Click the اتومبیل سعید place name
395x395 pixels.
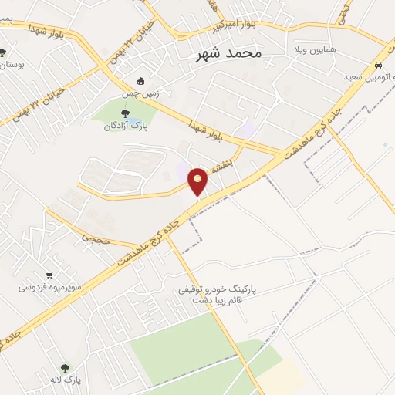point(366,77)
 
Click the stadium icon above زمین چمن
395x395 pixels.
point(140,80)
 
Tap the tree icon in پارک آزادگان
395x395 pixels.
point(126,114)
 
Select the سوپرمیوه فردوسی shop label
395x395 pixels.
point(48,287)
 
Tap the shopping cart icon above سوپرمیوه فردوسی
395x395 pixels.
point(49,275)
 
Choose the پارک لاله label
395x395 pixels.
point(66,380)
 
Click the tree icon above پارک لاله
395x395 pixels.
point(65,368)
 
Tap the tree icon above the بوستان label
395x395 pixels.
point(5,52)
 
